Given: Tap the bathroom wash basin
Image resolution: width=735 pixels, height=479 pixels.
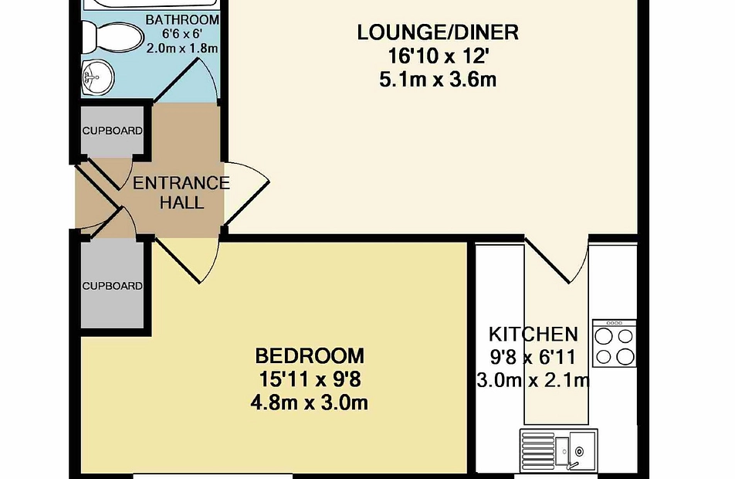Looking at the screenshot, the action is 99,78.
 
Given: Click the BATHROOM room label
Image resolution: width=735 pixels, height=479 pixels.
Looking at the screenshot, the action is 182,20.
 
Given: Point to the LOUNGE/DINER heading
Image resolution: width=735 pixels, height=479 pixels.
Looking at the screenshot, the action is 438,33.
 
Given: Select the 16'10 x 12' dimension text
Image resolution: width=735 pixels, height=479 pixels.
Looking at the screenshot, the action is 439,56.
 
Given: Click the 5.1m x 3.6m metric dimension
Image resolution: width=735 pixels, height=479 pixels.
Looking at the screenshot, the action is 438,80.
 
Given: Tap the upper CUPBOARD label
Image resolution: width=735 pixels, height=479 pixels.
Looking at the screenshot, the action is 113,131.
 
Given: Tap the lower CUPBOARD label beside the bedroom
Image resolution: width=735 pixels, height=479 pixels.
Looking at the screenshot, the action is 113,286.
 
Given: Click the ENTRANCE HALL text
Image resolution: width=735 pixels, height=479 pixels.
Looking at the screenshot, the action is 181,192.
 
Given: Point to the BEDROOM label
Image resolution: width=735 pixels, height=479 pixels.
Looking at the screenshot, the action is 310,356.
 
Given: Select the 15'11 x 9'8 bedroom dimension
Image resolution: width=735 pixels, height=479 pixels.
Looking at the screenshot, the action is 310,379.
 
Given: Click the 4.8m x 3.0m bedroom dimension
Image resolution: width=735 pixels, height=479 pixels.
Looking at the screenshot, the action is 310,403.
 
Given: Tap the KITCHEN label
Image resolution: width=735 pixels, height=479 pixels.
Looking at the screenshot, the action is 533,335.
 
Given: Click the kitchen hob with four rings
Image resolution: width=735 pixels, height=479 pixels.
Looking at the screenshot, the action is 615,343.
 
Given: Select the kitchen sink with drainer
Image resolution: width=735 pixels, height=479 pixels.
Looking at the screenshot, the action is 558,450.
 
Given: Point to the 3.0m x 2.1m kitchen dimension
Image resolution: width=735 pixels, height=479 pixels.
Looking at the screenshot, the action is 533,379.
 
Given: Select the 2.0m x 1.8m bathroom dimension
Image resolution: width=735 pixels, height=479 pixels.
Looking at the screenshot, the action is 182,49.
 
